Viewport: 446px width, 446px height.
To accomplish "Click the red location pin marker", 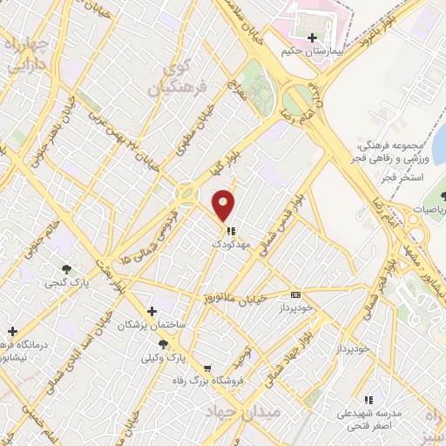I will (224, 205).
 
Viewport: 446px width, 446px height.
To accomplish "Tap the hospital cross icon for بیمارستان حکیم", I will (312, 37).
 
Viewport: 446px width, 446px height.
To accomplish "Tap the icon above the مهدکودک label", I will (231, 232).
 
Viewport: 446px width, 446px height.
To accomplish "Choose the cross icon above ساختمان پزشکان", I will (152, 311).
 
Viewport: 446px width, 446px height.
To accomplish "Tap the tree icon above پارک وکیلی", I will (164, 344).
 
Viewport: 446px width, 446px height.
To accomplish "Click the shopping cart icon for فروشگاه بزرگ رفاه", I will (206, 368).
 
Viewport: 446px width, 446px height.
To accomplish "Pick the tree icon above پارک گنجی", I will (66, 268).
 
